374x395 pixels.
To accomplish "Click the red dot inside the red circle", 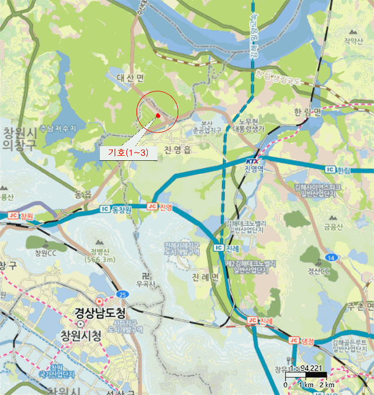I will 158,116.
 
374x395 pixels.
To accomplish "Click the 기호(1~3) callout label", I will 128,153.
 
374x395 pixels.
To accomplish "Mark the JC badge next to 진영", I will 151,207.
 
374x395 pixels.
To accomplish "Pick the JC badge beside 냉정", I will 293,340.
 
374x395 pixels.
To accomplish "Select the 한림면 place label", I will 307,112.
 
